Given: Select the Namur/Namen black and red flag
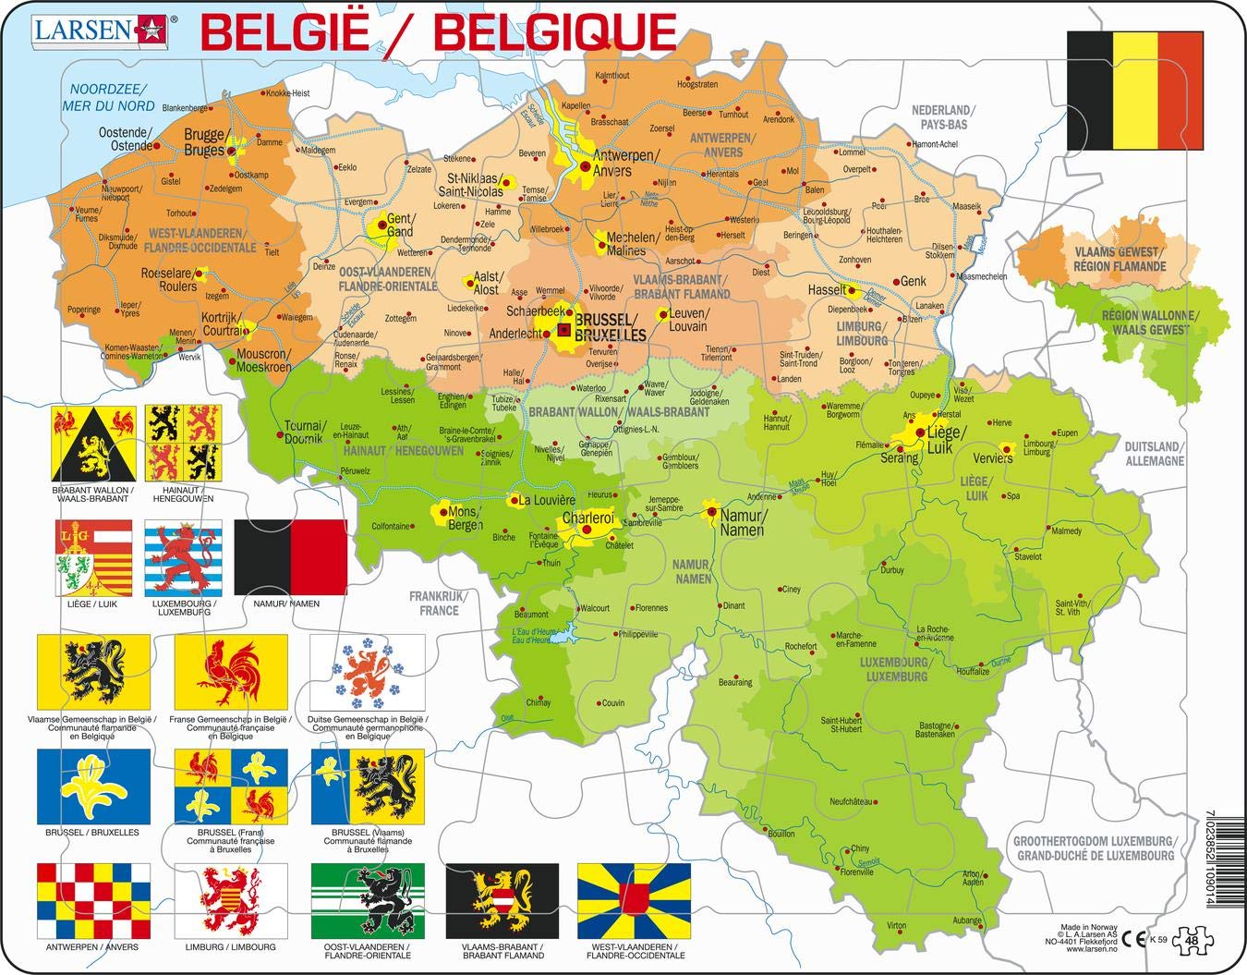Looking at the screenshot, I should pos(291,557).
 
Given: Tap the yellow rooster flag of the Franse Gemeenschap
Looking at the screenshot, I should pos(231,670).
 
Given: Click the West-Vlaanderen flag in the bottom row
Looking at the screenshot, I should pos(634,900).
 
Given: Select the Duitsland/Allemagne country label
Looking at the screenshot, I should pos(1154,453).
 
